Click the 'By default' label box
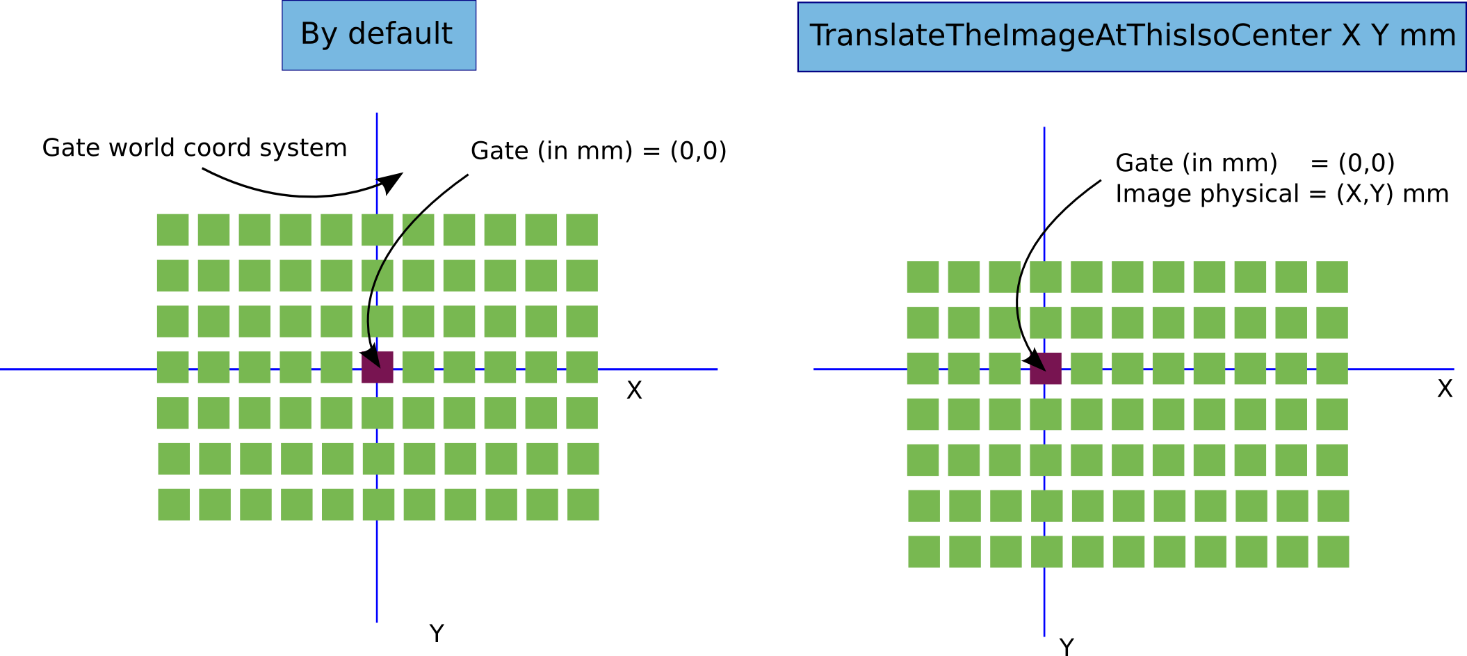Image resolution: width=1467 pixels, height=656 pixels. [x=378, y=35]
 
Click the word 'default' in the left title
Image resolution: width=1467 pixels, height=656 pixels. [x=400, y=33]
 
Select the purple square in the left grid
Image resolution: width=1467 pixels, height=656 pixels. [x=378, y=367]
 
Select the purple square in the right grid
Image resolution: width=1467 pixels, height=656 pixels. [x=1046, y=368]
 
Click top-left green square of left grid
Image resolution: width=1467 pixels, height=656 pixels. [x=172, y=230]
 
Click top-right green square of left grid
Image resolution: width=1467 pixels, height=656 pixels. [x=582, y=230]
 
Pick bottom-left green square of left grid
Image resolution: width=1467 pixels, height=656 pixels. [x=174, y=504]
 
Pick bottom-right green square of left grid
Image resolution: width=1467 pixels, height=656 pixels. [x=583, y=504]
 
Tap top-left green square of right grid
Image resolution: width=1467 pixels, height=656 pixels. [x=923, y=277]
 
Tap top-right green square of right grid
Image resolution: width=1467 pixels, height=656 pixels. [x=1332, y=277]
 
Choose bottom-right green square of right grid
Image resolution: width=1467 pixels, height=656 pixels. [x=1334, y=551]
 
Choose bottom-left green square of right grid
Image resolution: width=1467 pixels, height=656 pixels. [x=924, y=551]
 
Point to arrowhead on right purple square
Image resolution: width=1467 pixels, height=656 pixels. [x=1039, y=363]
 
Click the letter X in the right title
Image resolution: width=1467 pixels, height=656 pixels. [x=1351, y=35]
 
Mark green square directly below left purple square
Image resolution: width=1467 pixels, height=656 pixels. [x=378, y=413]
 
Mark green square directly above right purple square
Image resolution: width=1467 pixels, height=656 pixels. [x=1046, y=323]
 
